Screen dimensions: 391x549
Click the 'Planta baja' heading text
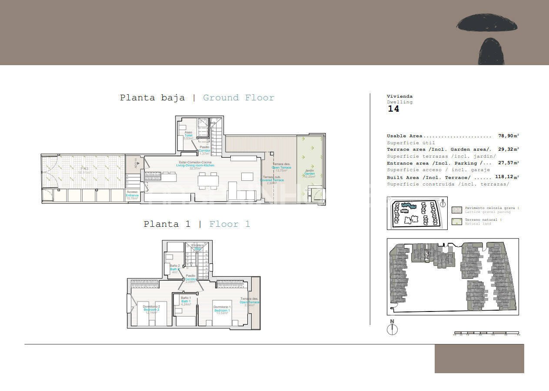point(152,98)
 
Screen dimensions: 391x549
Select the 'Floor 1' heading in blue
point(230,224)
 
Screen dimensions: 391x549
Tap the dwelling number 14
point(393,109)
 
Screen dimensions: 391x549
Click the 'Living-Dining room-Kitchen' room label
point(195,166)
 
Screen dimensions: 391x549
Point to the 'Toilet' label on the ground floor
point(188,136)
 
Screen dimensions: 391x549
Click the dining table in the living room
point(207,179)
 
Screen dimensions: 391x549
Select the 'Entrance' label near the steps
point(132,195)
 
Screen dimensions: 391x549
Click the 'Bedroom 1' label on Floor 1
point(222,310)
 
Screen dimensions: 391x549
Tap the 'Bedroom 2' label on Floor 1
point(151,310)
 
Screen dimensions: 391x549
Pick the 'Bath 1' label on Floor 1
point(186,301)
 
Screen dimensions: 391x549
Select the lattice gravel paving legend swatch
point(457,210)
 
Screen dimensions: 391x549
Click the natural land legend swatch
point(457,222)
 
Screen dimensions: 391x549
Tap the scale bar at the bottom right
point(486,334)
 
